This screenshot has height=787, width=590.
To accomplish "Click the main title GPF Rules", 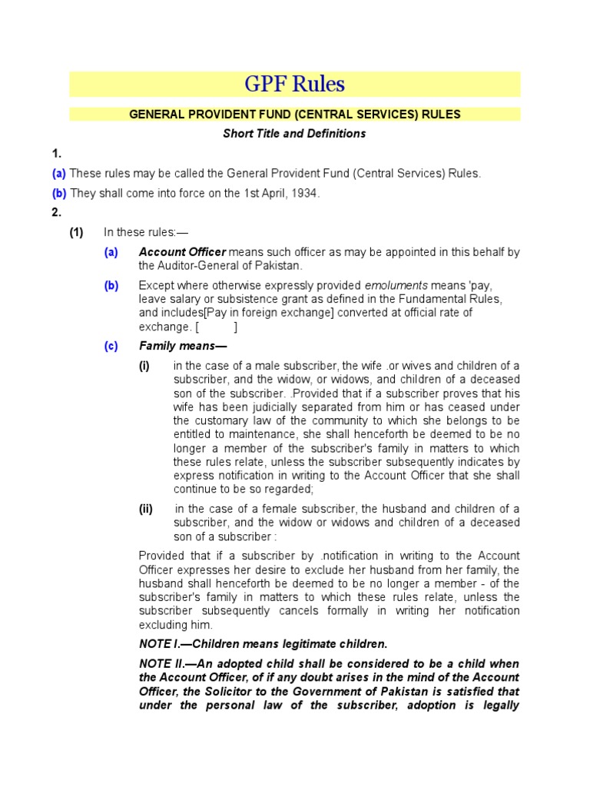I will click(x=294, y=84).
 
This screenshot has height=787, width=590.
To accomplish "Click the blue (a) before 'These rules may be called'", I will click(x=59, y=174).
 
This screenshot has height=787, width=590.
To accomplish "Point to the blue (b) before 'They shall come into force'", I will click(x=59, y=193).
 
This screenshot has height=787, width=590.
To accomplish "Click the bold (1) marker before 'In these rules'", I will click(x=76, y=232).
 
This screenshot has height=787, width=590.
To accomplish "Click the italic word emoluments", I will click(x=396, y=285).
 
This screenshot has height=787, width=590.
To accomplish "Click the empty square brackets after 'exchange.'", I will click(x=216, y=327).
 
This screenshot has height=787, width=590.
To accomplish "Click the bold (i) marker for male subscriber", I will click(x=144, y=366).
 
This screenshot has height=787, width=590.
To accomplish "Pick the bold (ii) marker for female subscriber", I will click(x=145, y=509).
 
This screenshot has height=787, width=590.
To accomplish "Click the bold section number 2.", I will click(x=55, y=213).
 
